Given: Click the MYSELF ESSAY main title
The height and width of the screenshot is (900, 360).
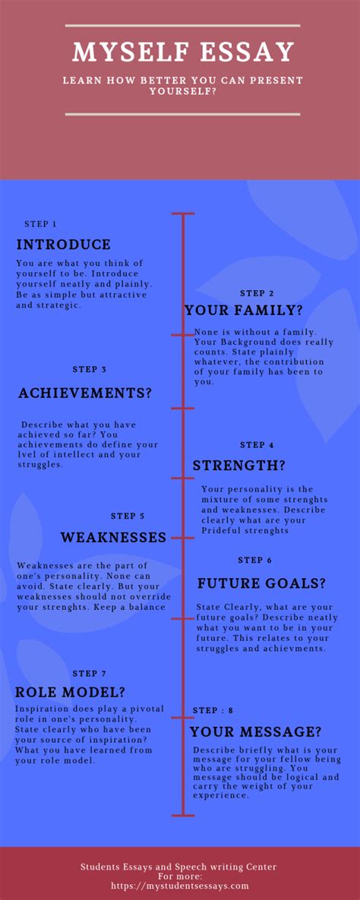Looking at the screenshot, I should (183, 52).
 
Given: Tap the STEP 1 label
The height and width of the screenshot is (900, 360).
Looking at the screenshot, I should (41, 224).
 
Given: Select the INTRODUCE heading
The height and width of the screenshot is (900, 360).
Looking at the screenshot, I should (64, 245).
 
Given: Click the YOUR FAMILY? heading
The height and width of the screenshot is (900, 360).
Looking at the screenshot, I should (244, 310).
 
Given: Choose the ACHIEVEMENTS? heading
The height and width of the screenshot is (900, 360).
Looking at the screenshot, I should (85, 393).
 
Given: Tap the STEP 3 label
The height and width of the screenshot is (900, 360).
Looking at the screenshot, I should (90, 369).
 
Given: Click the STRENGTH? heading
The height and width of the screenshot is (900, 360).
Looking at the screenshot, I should (238, 466).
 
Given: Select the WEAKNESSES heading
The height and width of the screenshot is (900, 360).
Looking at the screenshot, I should (113, 538).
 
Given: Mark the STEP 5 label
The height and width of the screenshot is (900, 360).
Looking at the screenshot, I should (128, 516).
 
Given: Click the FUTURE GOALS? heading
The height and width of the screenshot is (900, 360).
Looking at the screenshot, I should (261, 584).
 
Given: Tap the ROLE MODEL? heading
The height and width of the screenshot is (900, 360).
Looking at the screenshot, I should (71, 692).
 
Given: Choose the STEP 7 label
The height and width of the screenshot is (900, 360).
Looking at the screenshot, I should (90, 674).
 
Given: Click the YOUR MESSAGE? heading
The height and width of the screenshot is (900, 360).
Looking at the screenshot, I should (255, 732).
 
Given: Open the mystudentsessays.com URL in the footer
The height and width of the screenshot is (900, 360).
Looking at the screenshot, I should (179, 886).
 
